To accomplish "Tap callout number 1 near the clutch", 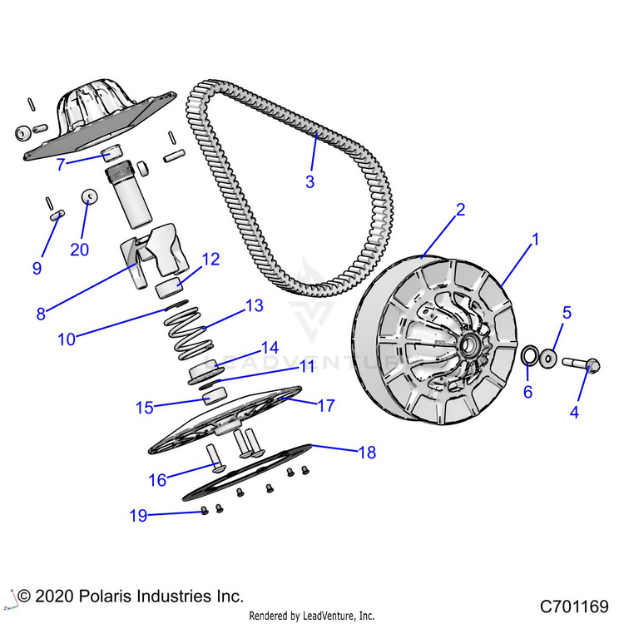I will point(536,240).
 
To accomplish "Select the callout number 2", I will point(458,210).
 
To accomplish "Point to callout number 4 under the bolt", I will point(573,412).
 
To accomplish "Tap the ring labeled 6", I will point(527,357).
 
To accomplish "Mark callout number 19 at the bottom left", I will point(138,516).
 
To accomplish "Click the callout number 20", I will point(80,250).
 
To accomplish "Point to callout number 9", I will point(36,268).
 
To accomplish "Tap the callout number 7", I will point(60,165).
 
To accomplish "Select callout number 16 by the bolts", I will point(156,479).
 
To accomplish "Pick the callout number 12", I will point(210,259).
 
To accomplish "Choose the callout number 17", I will point(325,406).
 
